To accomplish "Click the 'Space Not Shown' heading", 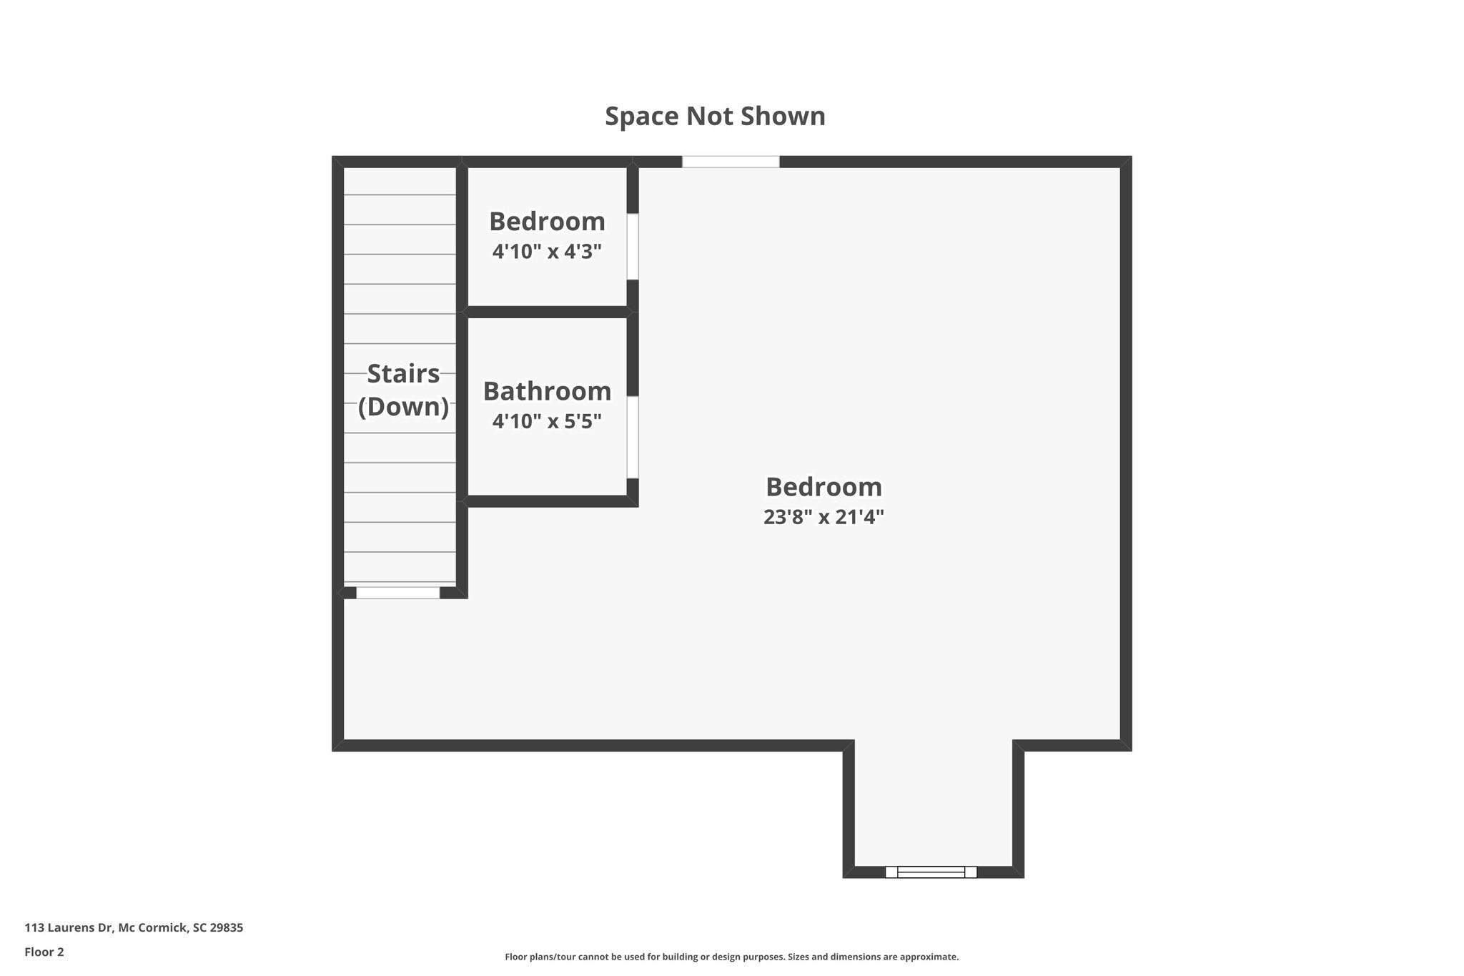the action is tap(715, 117).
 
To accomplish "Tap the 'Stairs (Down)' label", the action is tap(403, 390).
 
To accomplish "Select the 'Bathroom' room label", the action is tap(547, 391).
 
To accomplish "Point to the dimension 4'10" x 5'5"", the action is tap(547, 421).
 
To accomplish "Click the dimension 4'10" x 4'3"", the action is tap(547, 252).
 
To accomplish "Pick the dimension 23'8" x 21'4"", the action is tap(823, 516).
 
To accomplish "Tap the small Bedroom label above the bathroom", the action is tap(547, 222).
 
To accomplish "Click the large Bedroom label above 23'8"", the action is tap(823, 487).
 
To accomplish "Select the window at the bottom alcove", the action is tap(931, 872).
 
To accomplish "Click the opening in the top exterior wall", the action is tap(731, 162).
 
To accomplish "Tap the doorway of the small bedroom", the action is tap(633, 247).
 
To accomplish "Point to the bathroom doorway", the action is tap(633, 437).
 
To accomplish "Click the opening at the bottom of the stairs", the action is tap(398, 593).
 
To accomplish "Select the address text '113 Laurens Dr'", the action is tap(69, 928).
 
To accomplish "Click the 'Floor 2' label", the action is tap(44, 952).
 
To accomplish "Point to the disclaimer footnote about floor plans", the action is tap(731, 957).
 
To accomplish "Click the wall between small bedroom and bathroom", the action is tap(547, 312).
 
